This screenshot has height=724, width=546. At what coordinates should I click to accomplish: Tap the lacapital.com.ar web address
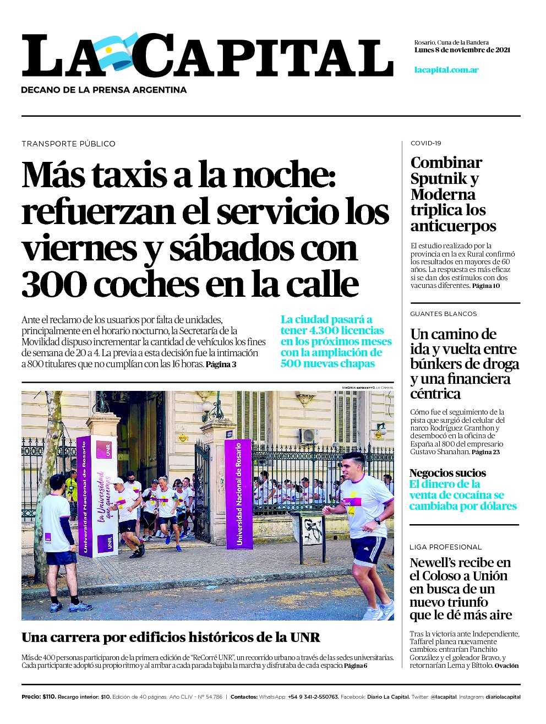pos(446,70)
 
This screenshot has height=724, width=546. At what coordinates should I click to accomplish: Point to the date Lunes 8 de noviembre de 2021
pos(462,50)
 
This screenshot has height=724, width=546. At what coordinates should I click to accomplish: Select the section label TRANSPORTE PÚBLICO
pos(68,144)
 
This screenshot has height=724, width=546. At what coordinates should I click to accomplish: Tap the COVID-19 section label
pos(425,143)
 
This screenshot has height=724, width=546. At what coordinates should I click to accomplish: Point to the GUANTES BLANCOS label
pos(443,314)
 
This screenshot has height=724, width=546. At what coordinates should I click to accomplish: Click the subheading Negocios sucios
pos(447,473)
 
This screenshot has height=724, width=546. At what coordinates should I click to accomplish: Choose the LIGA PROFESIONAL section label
pos(445,547)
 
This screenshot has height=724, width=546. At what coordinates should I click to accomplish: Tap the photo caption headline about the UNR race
pos(171,638)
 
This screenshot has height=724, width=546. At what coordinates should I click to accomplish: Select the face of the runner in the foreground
pos(351,468)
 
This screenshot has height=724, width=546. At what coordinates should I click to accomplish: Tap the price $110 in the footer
pos(49,697)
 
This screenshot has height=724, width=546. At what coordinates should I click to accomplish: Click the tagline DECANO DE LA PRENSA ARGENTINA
pos(103,90)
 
